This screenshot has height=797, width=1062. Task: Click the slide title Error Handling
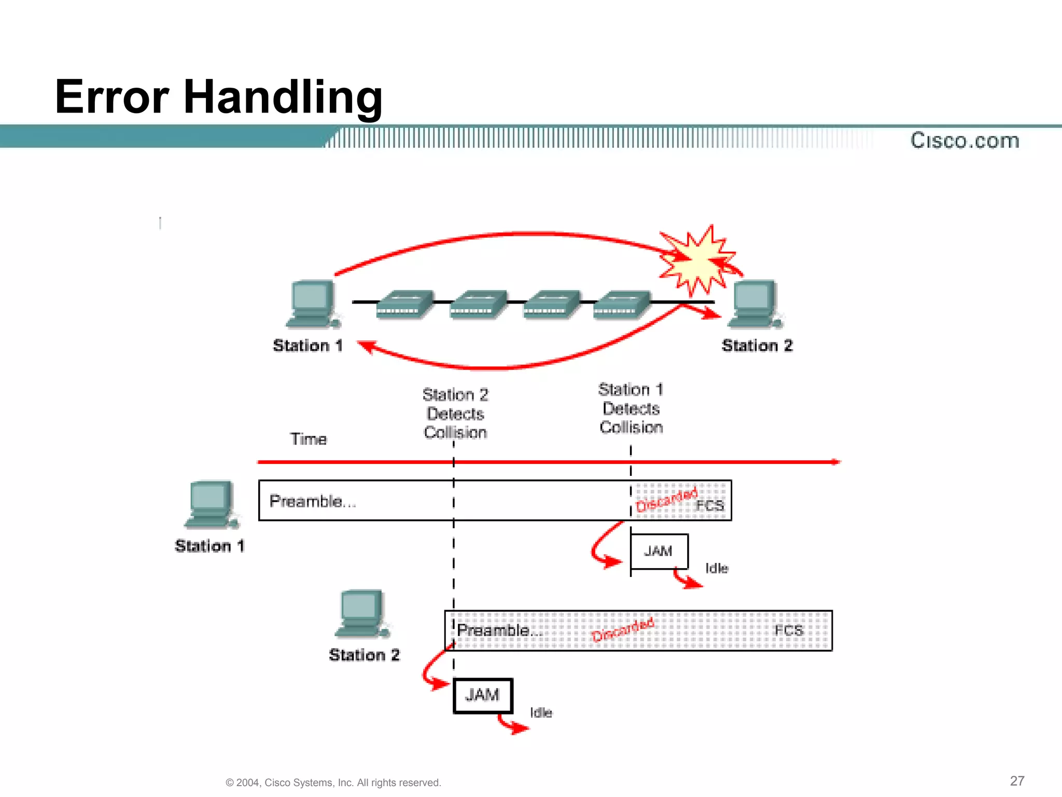coord(218,97)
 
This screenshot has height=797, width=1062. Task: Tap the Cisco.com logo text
coord(965,141)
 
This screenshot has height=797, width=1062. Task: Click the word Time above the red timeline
coord(308,439)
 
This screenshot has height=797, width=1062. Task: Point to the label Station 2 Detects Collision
coord(455,414)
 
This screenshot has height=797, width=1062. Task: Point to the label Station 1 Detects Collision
coord(631,408)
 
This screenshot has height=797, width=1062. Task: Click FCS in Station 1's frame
coord(709,505)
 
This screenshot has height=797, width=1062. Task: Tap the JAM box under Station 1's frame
coord(659,551)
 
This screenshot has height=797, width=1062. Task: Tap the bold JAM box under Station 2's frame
coord(482,695)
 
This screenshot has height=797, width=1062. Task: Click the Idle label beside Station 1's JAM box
coord(717,568)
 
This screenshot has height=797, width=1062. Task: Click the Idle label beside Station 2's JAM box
coord(541,712)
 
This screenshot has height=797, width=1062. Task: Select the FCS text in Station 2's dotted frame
coord(788,630)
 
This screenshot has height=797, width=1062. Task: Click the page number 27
coord(1017,781)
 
